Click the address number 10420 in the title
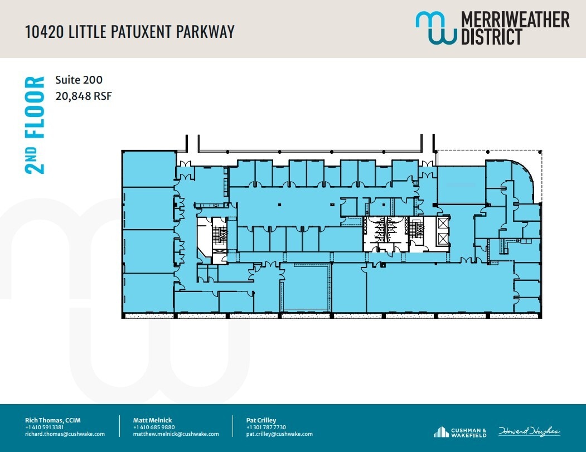pos(45,31)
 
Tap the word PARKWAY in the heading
pos(205,31)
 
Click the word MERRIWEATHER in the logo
pos(515,20)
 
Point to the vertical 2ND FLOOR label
pos(35,125)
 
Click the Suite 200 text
pos(79,80)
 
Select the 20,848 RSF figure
pos(84,96)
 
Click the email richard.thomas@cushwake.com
pos(65,434)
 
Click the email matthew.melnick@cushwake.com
pos(176,434)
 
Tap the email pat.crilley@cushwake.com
pos(279,434)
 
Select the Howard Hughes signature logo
pos(529,432)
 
